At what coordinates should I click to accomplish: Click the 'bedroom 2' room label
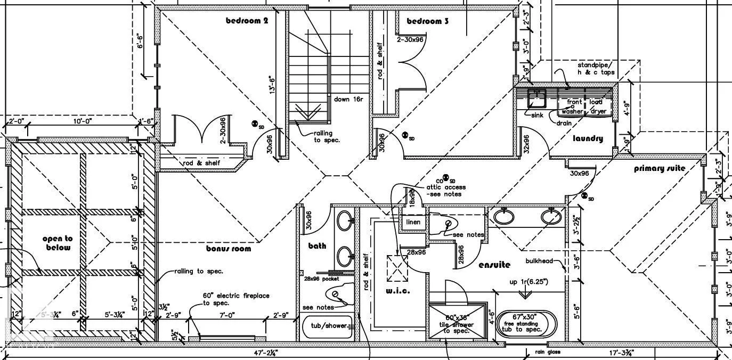click(247, 21)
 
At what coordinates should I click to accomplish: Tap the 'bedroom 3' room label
click(427, 21)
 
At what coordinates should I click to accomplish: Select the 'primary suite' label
click(660, 169)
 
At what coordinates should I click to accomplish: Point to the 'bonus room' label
click(229, 248)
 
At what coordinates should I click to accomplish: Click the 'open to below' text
click(58, 243)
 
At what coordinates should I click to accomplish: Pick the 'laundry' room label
click(588, 138)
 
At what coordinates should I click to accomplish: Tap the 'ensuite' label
click(494, 265)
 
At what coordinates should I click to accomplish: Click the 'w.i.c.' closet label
click(397, 291)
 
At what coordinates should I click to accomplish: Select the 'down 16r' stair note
click(349, 99)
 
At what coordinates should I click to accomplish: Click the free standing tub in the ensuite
click(526, 323)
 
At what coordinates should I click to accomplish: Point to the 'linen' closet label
click(413, 222)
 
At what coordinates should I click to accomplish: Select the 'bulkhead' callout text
click(539, 261)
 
